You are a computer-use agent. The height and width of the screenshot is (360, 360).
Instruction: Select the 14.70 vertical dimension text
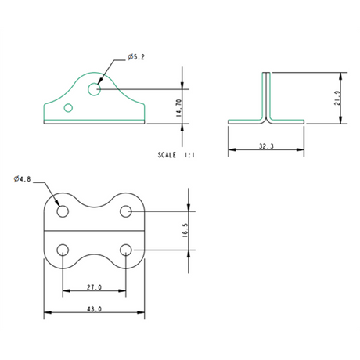[179, 107]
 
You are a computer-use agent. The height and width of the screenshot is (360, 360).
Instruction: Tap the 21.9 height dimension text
[337, 99]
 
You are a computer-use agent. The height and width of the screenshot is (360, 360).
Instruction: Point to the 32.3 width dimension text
[265, 146]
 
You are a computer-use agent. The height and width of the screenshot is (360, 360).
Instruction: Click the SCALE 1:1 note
[176, 156]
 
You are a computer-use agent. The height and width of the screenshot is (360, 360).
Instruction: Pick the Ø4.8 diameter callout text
[23, 179]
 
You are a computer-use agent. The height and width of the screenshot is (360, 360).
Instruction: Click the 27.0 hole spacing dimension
[93, 287]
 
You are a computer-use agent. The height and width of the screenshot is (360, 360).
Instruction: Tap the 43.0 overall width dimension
[93, 309]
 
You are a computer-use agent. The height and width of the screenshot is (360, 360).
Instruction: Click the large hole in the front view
[95, 88]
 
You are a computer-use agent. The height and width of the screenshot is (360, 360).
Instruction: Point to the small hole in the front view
[69, 107]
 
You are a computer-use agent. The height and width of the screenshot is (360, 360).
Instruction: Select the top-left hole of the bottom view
[63, 211]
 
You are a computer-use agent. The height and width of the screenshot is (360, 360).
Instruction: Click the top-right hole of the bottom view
[125, 211]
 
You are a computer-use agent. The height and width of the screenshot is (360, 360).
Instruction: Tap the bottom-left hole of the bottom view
[63, 250]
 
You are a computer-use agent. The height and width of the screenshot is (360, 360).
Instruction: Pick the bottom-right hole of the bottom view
[125, 250]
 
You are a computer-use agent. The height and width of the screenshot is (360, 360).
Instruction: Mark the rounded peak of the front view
[95, 70]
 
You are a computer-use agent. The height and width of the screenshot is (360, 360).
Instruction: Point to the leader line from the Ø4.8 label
[47, 189]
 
